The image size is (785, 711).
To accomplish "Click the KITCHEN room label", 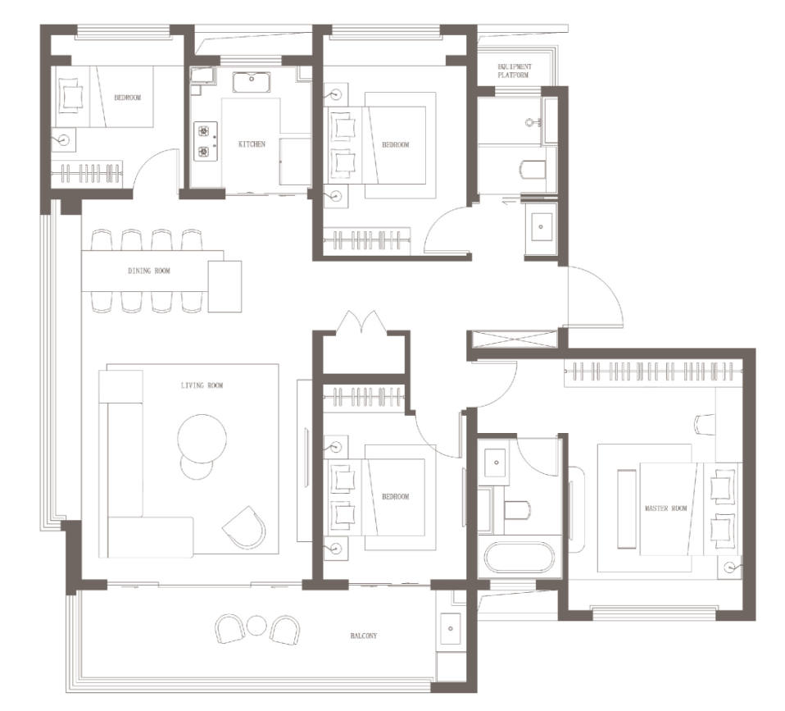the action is (x=252, y=144).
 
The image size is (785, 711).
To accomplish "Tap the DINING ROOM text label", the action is (x=148, y=271).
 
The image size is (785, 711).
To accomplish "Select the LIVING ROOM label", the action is (x=202, y=385).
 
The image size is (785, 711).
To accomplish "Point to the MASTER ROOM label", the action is (x=666, y=508).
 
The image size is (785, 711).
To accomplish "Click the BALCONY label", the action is (x=364, y=636).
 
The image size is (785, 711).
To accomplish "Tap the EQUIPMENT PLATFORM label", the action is (x=515, y=71).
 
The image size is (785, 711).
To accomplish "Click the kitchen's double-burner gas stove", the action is (x=205, y=141).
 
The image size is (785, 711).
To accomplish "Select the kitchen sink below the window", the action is (x=251, y=82).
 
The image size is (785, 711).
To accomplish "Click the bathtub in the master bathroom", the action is (x=520, y=558).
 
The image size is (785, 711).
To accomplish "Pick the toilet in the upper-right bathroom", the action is (x=533, y=170).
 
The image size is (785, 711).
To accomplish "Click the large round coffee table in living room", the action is (x=202, y=439).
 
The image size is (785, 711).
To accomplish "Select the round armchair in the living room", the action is (x=244, y=527).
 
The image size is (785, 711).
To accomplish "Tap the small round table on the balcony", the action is (x=256, y=626).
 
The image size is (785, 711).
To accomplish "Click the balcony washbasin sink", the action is (x=451, y=628).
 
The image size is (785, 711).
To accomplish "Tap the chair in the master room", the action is (x=705, y=424).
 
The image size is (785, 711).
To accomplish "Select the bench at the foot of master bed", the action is (x=627, y=508).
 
